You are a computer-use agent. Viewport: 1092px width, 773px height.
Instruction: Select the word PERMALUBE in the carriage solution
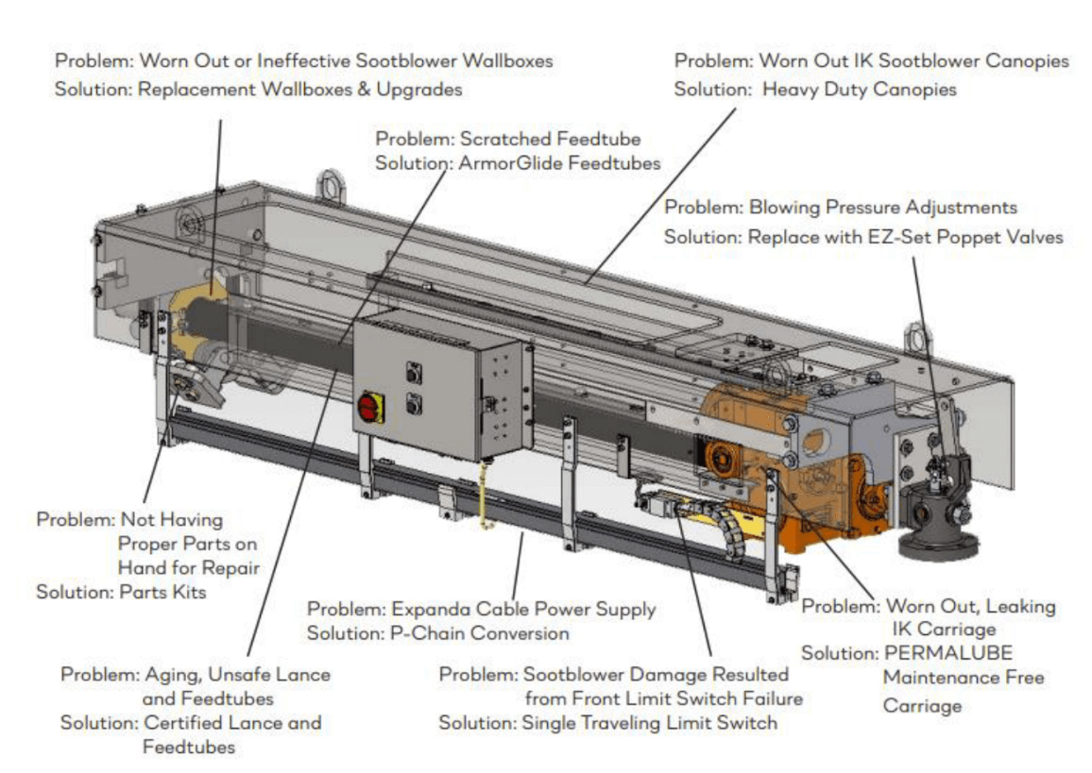[947, 653]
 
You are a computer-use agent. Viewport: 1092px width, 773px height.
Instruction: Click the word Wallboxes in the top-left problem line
[507, 60]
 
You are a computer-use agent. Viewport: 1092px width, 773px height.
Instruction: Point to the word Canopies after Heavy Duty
[914, 90]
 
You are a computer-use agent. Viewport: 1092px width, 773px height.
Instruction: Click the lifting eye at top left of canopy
[330, 186]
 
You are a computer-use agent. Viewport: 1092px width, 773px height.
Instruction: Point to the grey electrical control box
[441, 385]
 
